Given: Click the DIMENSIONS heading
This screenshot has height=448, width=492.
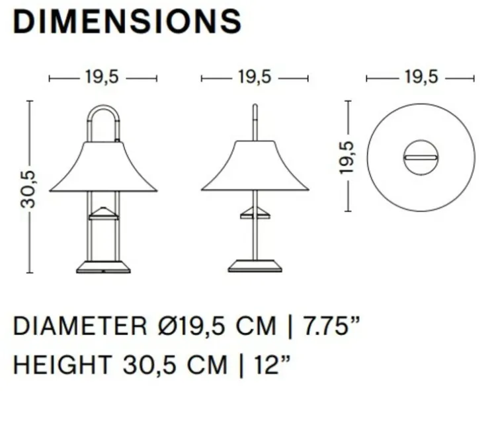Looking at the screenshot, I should point(128,21).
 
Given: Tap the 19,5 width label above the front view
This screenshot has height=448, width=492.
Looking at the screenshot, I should point(102,77).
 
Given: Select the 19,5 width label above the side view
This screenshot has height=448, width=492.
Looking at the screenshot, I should point(255,77).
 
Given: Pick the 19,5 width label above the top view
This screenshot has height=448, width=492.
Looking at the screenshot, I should point(421,77).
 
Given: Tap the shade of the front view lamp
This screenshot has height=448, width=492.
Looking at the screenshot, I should point(102,168).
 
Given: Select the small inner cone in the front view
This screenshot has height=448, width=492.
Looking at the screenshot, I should point(102,211).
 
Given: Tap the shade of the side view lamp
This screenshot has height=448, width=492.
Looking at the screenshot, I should point(255,168).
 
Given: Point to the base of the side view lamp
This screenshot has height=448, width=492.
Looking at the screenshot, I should point(255,266).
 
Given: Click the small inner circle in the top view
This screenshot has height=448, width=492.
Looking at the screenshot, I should point(421,157).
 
